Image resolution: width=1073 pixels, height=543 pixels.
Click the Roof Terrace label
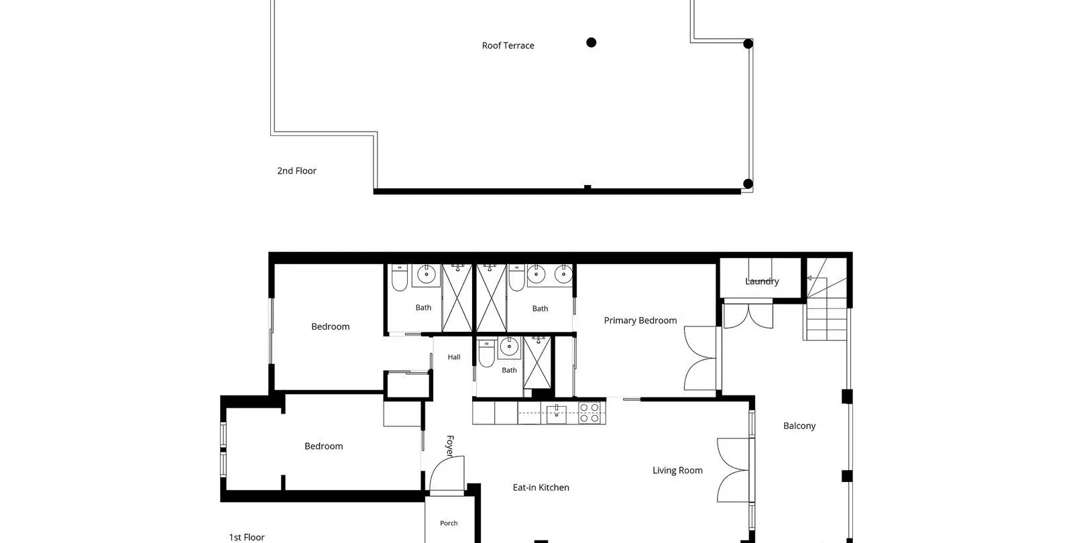pyautogui.click(x=508, y=46)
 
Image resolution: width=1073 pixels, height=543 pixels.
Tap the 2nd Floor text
pyautogui.click(x=296, y=171)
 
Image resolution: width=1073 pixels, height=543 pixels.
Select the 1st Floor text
pyautogui.click(x=247, y=537)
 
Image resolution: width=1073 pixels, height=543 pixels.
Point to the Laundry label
pyautogui.click(x=762, y=282)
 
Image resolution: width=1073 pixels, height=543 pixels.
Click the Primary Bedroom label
pyautogui.click(x=640, y=320)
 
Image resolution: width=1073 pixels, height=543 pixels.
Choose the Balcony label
pyautogui.click(x=799, y=426)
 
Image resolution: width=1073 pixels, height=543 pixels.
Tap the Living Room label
pyautogui.click(x=677, y=470)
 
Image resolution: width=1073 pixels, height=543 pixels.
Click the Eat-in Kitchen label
pyautogui.click(x=541, y=487)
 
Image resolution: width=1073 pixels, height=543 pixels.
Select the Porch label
pyautogui.click(x=449, y=523)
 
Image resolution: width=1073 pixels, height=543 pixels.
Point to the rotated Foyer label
pyautogui.click(x=450, y=446)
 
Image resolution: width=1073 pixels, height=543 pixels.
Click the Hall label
pyautogui.click(x=454, y=357)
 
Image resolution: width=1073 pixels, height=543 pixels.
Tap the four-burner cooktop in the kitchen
pyautogui.click(x=589, y=413)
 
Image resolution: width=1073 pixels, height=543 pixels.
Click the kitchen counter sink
pyautogui.click(x=556, y=414)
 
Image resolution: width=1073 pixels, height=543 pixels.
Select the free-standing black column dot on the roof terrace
pyautogui.click(x=591, y=43)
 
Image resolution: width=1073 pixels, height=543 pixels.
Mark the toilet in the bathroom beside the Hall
pyautogui.click(x=487, y=353)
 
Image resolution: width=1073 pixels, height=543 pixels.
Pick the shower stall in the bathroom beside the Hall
pyautogui.click(x=537, y=363)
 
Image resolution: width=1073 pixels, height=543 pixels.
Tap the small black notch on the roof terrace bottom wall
pyautogui.click(x=587, y=187)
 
